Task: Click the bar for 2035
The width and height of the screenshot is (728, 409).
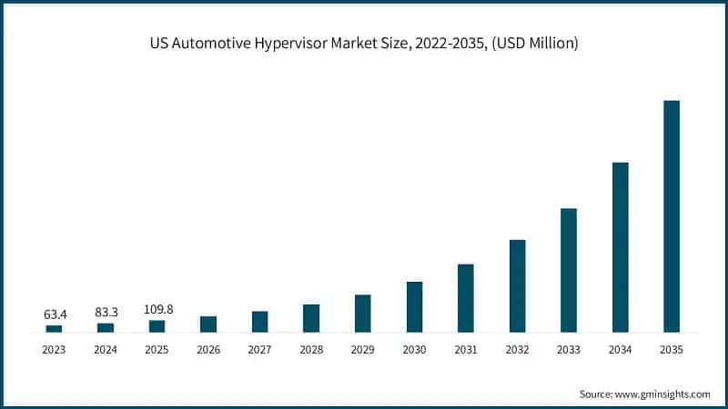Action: pyautogui.click(x=672, y=216)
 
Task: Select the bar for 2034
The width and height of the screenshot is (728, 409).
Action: pyautogui.click(x=621, y=247)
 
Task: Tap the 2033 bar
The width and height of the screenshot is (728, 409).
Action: pyautogui.click(x=569, y=270)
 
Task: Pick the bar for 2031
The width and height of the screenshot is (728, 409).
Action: pyautogui.click(x=466, y=298)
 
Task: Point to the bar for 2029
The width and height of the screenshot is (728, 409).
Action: pyautogui.click(x=362, y=314)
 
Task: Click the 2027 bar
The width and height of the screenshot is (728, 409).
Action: pyautogui.click(x=260, y=322)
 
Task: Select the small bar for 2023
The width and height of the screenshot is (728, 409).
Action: pyautogui.click(x=54, y=329)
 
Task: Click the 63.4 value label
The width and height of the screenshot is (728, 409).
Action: pyautogui.click(x=56, y=314)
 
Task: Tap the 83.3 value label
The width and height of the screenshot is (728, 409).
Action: pyautogui.click(x=106, y=313)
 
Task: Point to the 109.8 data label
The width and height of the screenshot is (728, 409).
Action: pyautogui.click(x=158, y=309)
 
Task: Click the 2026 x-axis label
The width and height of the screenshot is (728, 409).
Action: pyautogui.click(x=208, y=350)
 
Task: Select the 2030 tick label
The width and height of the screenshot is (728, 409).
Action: pyautogui.click(x=414, y=350)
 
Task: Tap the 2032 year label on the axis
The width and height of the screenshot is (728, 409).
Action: pyautogui.click(x=517, y=350)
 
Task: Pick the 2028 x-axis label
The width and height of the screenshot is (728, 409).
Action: pyautogui.click(x=311, y=350)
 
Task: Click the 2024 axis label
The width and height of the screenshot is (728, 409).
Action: pyautogui.click(x=106, y=350)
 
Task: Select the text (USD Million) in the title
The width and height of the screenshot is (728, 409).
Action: pyautogui.click(x=535, y=43)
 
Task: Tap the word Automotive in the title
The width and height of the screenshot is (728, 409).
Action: pyautogui.click(x=211, y=43)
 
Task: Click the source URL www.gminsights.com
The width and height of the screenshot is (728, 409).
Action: pyautogui.click(x=662, y=394)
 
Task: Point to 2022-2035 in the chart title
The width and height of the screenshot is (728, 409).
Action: pyautogui.click(x=451, y=43)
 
